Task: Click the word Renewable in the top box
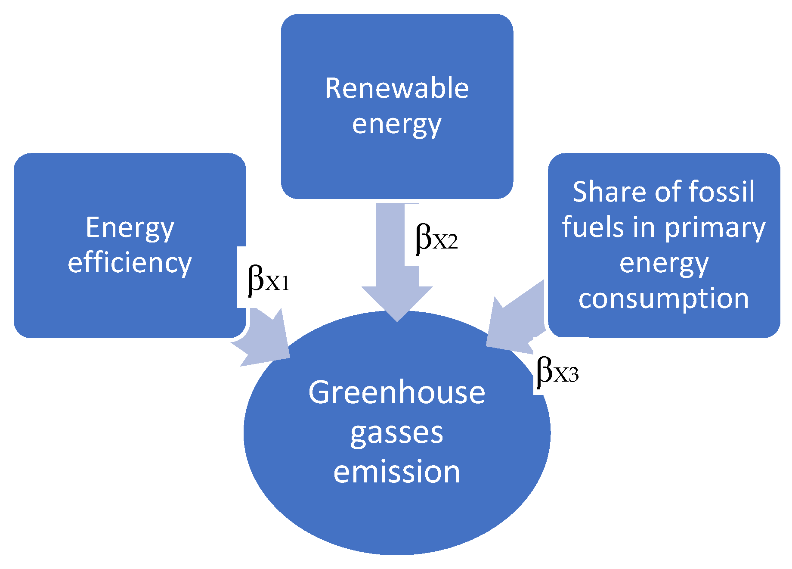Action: tap(396, 88)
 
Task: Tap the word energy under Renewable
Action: tap(396, 125)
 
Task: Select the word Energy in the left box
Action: tap(130, 227)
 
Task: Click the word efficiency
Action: tap(130, 263)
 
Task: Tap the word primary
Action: tap(715, 228)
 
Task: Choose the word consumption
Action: tap(663, 298)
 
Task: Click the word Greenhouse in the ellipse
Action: tap(396, 393)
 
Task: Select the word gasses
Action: tap(396, 433)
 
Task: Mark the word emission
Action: tap(396, 472)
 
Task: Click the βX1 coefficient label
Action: tap(268, 280)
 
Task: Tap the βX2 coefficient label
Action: tap(436, 239)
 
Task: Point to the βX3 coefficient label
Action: tap(557, 371)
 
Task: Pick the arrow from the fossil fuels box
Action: tap(514, 321)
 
